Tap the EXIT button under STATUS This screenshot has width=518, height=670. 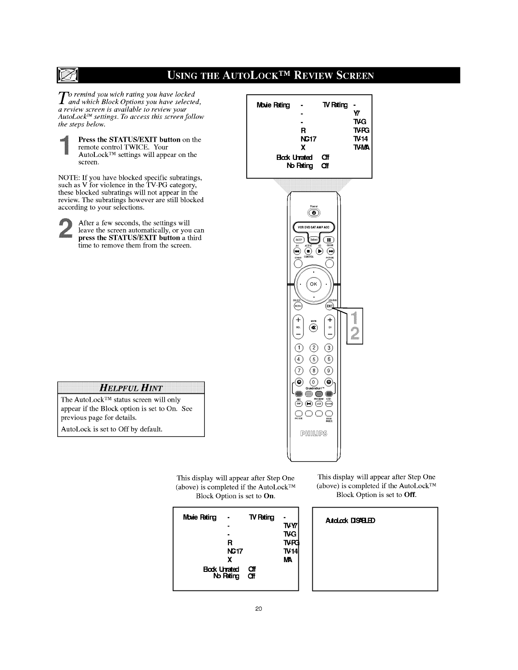(x=330, y=306)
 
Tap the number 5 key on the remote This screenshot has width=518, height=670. (x=314, y=360)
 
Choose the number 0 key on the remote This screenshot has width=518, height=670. (x=314, y=382)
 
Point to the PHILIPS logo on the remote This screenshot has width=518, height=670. (x=314, y=434)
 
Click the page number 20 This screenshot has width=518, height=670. (x=259, y=609)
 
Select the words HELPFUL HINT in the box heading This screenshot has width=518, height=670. (x=131, y=387)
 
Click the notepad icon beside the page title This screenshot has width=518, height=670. (x=68, y=76)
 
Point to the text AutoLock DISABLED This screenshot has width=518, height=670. (x=350, y=520)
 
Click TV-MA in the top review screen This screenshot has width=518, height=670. (x=361, y=148)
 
